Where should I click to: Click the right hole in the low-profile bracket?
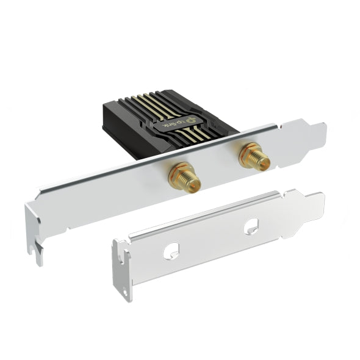coord(251,227)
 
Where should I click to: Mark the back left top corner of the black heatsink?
coord(105,105)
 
